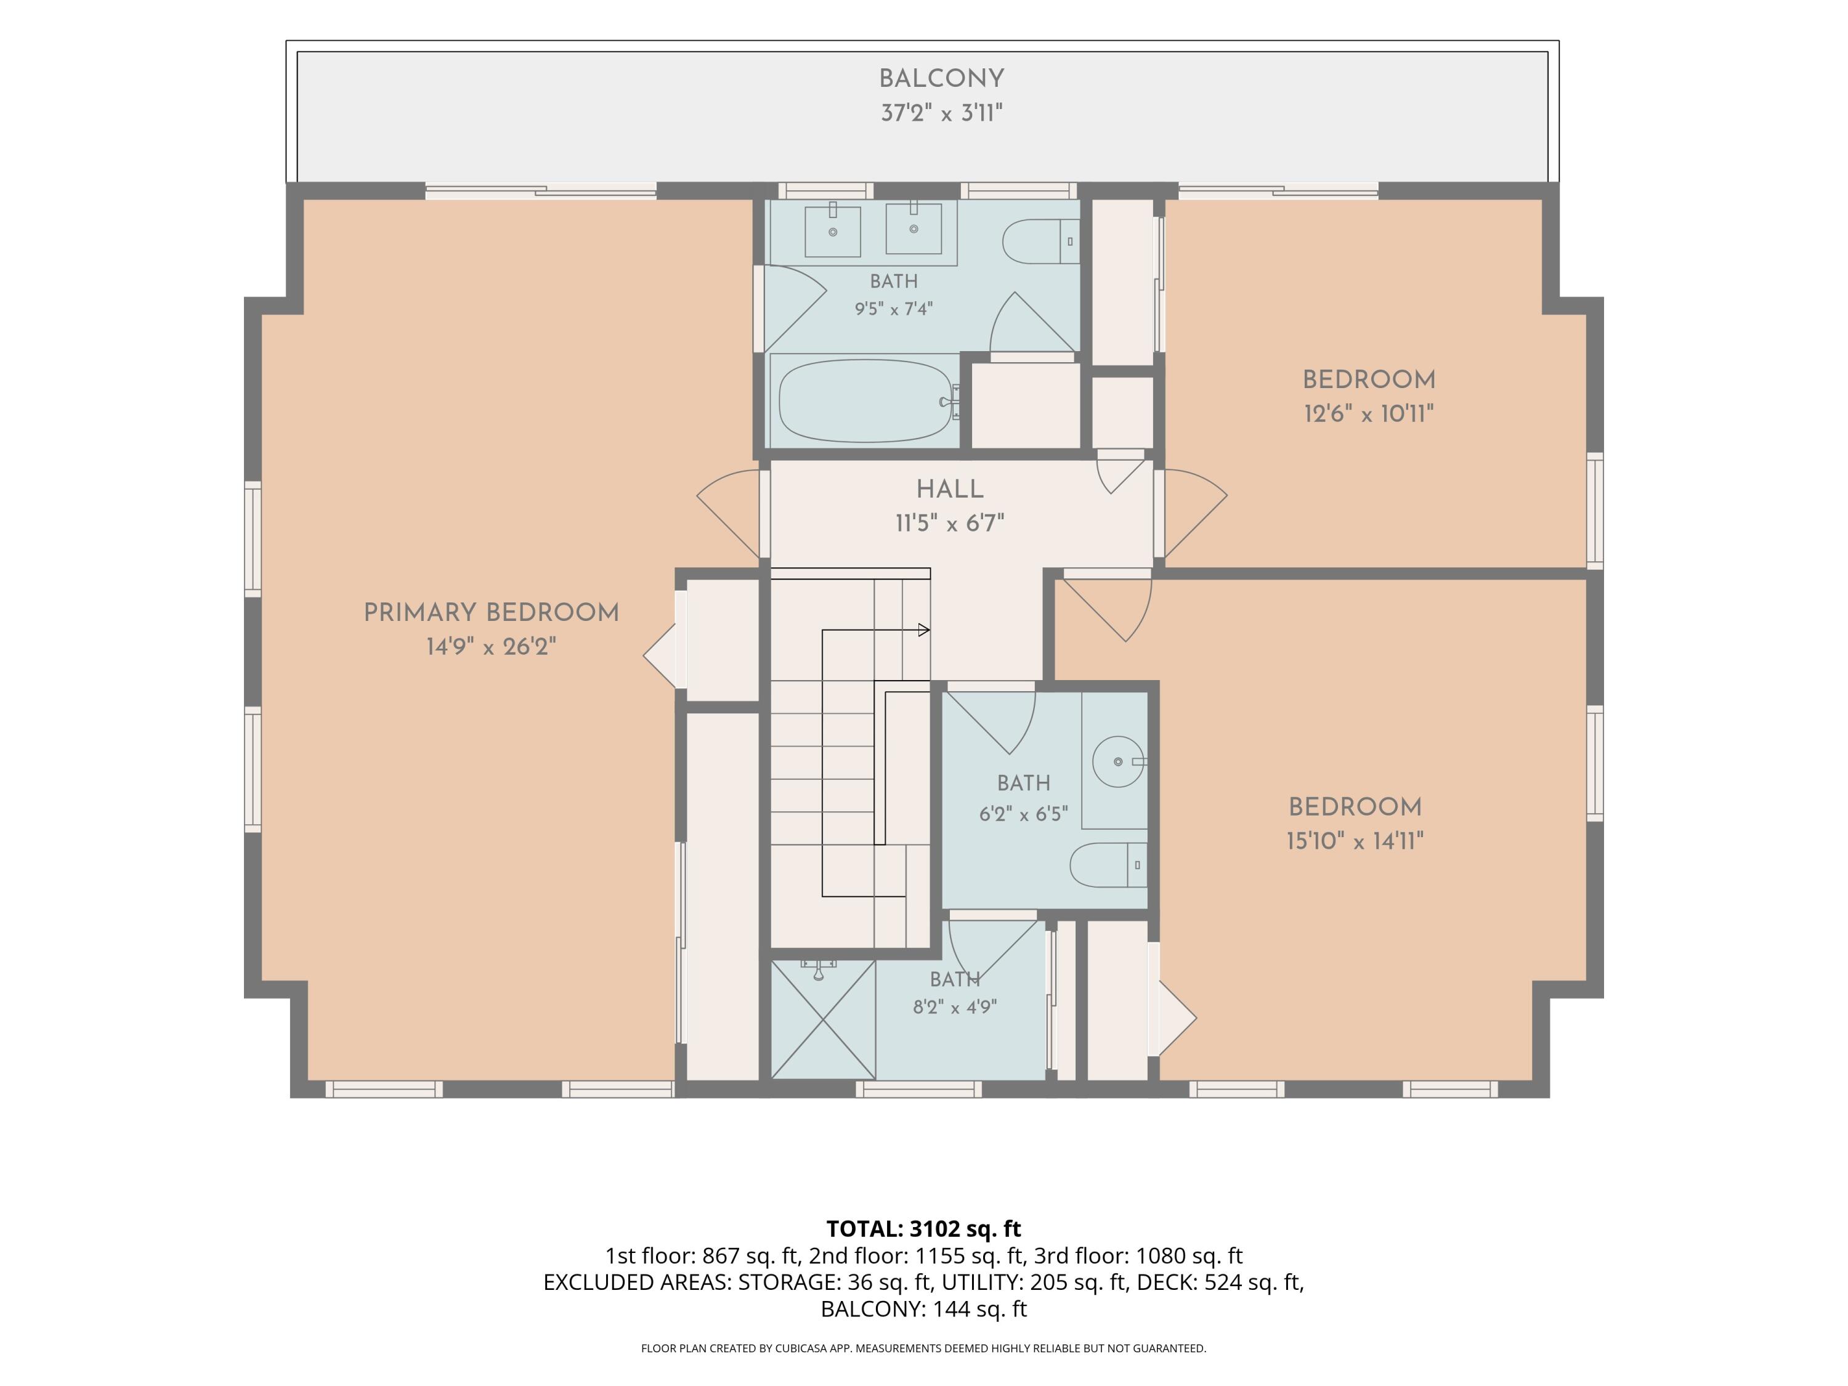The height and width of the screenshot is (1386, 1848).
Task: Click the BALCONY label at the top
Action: click(x=941, y=78)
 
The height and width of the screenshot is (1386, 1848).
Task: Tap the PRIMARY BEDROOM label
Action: click(x=491, y=612)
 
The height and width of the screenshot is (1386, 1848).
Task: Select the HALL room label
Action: click(x=950, y=488)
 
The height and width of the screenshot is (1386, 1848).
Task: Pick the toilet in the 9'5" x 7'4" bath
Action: click(x=1041, y=241)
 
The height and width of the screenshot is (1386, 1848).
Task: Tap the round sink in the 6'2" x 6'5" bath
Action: click(x=1119, y=762)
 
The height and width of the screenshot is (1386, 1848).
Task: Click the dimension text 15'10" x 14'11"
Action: click(x=1355, y=840)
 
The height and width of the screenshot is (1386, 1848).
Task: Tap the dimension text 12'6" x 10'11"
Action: click(x=1369, y=413)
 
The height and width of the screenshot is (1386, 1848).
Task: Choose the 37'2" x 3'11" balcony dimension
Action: click(x=941, y=113)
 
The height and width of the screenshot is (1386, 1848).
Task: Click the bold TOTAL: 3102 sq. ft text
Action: click(x=923, y=1229)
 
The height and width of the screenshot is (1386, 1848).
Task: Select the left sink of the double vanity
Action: click(x=833, y=232)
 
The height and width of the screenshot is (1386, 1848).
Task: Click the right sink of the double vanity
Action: click(x=914, y=228)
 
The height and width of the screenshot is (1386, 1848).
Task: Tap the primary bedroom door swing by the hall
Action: click(x=729, y=512)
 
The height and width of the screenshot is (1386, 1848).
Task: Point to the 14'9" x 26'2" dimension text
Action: click(x=491, y=647)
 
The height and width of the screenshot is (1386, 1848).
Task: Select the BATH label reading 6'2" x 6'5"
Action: click(x=1023, y=783)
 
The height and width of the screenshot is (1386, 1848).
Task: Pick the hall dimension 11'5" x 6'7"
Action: click(x=950, y=523)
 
